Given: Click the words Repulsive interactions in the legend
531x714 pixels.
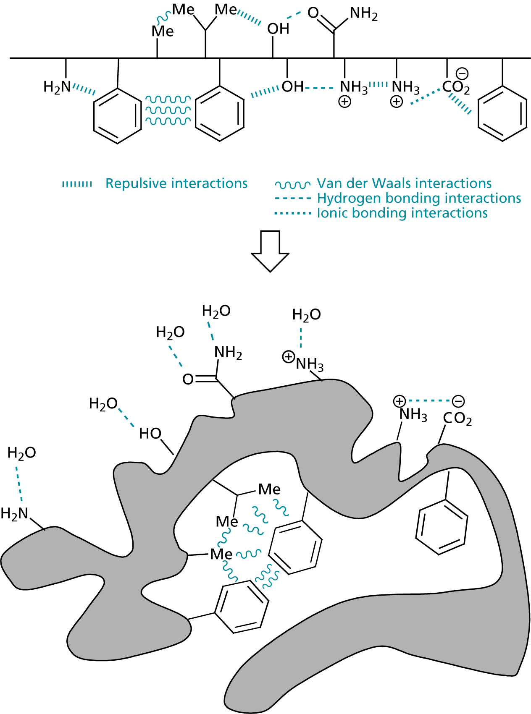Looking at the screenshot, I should click(x=176, y=183).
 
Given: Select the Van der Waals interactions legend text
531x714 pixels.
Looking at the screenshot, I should click(x=404, y=183).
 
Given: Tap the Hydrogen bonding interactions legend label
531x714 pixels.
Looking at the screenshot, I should click(x=419, y=198).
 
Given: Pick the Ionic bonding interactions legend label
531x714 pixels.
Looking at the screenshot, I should click(x=402, y=213).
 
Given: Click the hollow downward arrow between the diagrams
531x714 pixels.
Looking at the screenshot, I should click(x=270, y=251).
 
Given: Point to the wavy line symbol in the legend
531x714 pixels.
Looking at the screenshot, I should click(x=293, y=185).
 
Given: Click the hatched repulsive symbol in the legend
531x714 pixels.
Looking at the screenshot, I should click(x=77, y=184).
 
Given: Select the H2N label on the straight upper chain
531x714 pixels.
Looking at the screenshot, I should click(x=57, y=87).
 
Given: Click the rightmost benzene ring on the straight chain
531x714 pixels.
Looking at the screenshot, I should click(x=502, y=114).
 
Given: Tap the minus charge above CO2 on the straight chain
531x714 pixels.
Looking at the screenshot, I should click(x=462, y=74).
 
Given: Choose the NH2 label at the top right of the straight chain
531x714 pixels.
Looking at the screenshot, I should click(x=363, y=14).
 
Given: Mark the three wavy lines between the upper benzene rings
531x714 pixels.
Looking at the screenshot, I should click(x=168, y=110).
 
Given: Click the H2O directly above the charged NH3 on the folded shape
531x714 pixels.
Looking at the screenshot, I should click(x=306, y=314).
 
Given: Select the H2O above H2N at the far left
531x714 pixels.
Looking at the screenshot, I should click(x=22, y=453).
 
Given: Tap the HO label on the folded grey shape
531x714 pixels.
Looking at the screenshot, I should click(x=150, y=433).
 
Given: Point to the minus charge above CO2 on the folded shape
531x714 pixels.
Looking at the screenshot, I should click(x=458, y=401).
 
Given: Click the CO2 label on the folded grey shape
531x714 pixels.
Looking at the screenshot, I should click(x=457, y=419).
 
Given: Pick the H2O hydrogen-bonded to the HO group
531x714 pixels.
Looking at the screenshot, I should click(x=103, y=404).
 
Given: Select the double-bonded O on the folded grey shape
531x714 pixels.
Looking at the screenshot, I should click(x=188, y=379).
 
